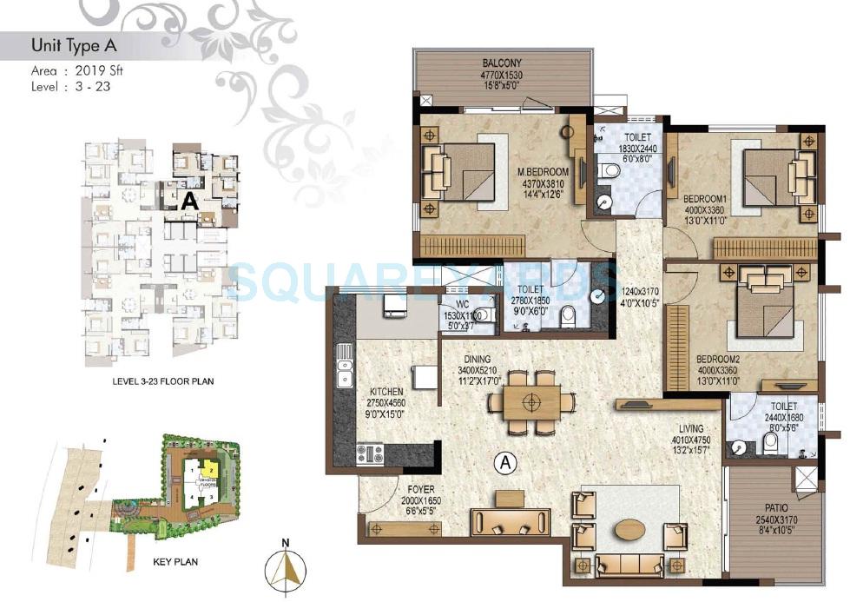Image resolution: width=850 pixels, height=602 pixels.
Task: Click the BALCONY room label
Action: [x=503, y=63]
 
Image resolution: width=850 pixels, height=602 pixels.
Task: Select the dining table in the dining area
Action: [x=531, y=402]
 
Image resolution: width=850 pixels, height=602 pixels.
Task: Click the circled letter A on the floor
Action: [x=503, y=463]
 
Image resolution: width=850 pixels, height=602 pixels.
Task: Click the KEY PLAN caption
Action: [x=175, y=562]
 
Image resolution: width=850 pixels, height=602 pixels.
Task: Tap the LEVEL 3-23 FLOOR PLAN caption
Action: [x=163, y=380]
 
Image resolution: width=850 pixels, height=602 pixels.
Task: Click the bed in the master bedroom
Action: [x=458, y=170]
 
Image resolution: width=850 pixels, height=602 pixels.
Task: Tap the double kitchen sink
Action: [x=345, y=365]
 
